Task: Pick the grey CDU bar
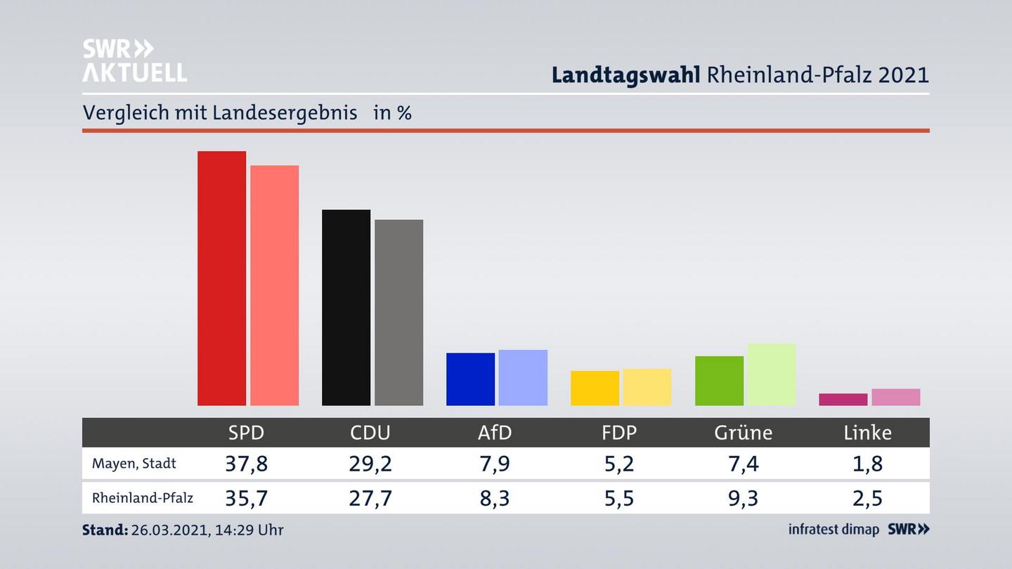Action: pos(398,312)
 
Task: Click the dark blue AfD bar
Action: pos(470,379)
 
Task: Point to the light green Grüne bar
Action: pos(771,374)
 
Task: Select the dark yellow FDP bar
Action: pos(595,388)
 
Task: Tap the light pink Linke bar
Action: pos(895,397)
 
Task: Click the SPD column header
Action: pos(246,433)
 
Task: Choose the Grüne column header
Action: pos(743,433)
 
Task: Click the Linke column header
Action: pos(867,433)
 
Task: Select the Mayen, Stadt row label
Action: pos(134,464)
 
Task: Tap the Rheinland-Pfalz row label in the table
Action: pos(142,498)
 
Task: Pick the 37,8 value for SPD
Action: pos(246,464)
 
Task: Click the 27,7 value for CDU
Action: pos(370,498)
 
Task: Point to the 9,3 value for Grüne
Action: pos(743,498)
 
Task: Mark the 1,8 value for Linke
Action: pos(867,464)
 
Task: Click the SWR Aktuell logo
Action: pos(134,60)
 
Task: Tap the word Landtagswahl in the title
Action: pos(625,74)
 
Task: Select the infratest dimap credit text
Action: pos(833,530)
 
